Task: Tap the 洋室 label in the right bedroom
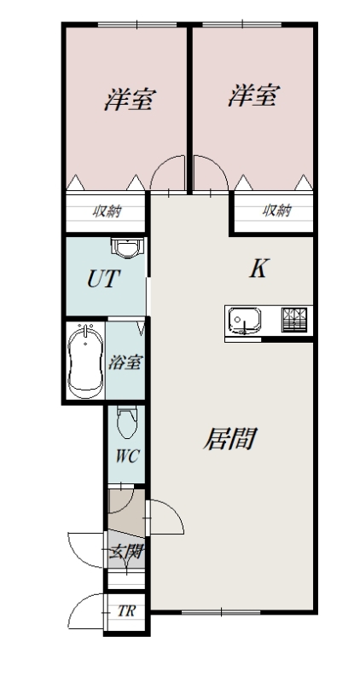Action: point(252,96)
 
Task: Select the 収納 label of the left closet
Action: point(107,211)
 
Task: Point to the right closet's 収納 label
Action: point(276,211)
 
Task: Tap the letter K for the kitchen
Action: point(258,269)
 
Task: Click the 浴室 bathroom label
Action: point(125,361)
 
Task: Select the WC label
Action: point(126,454)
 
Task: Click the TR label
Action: point(126,612)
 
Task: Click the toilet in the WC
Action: point(126,420)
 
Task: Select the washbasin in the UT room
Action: point(125,249)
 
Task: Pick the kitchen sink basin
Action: point(245,321)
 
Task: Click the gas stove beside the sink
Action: point(295,319)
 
